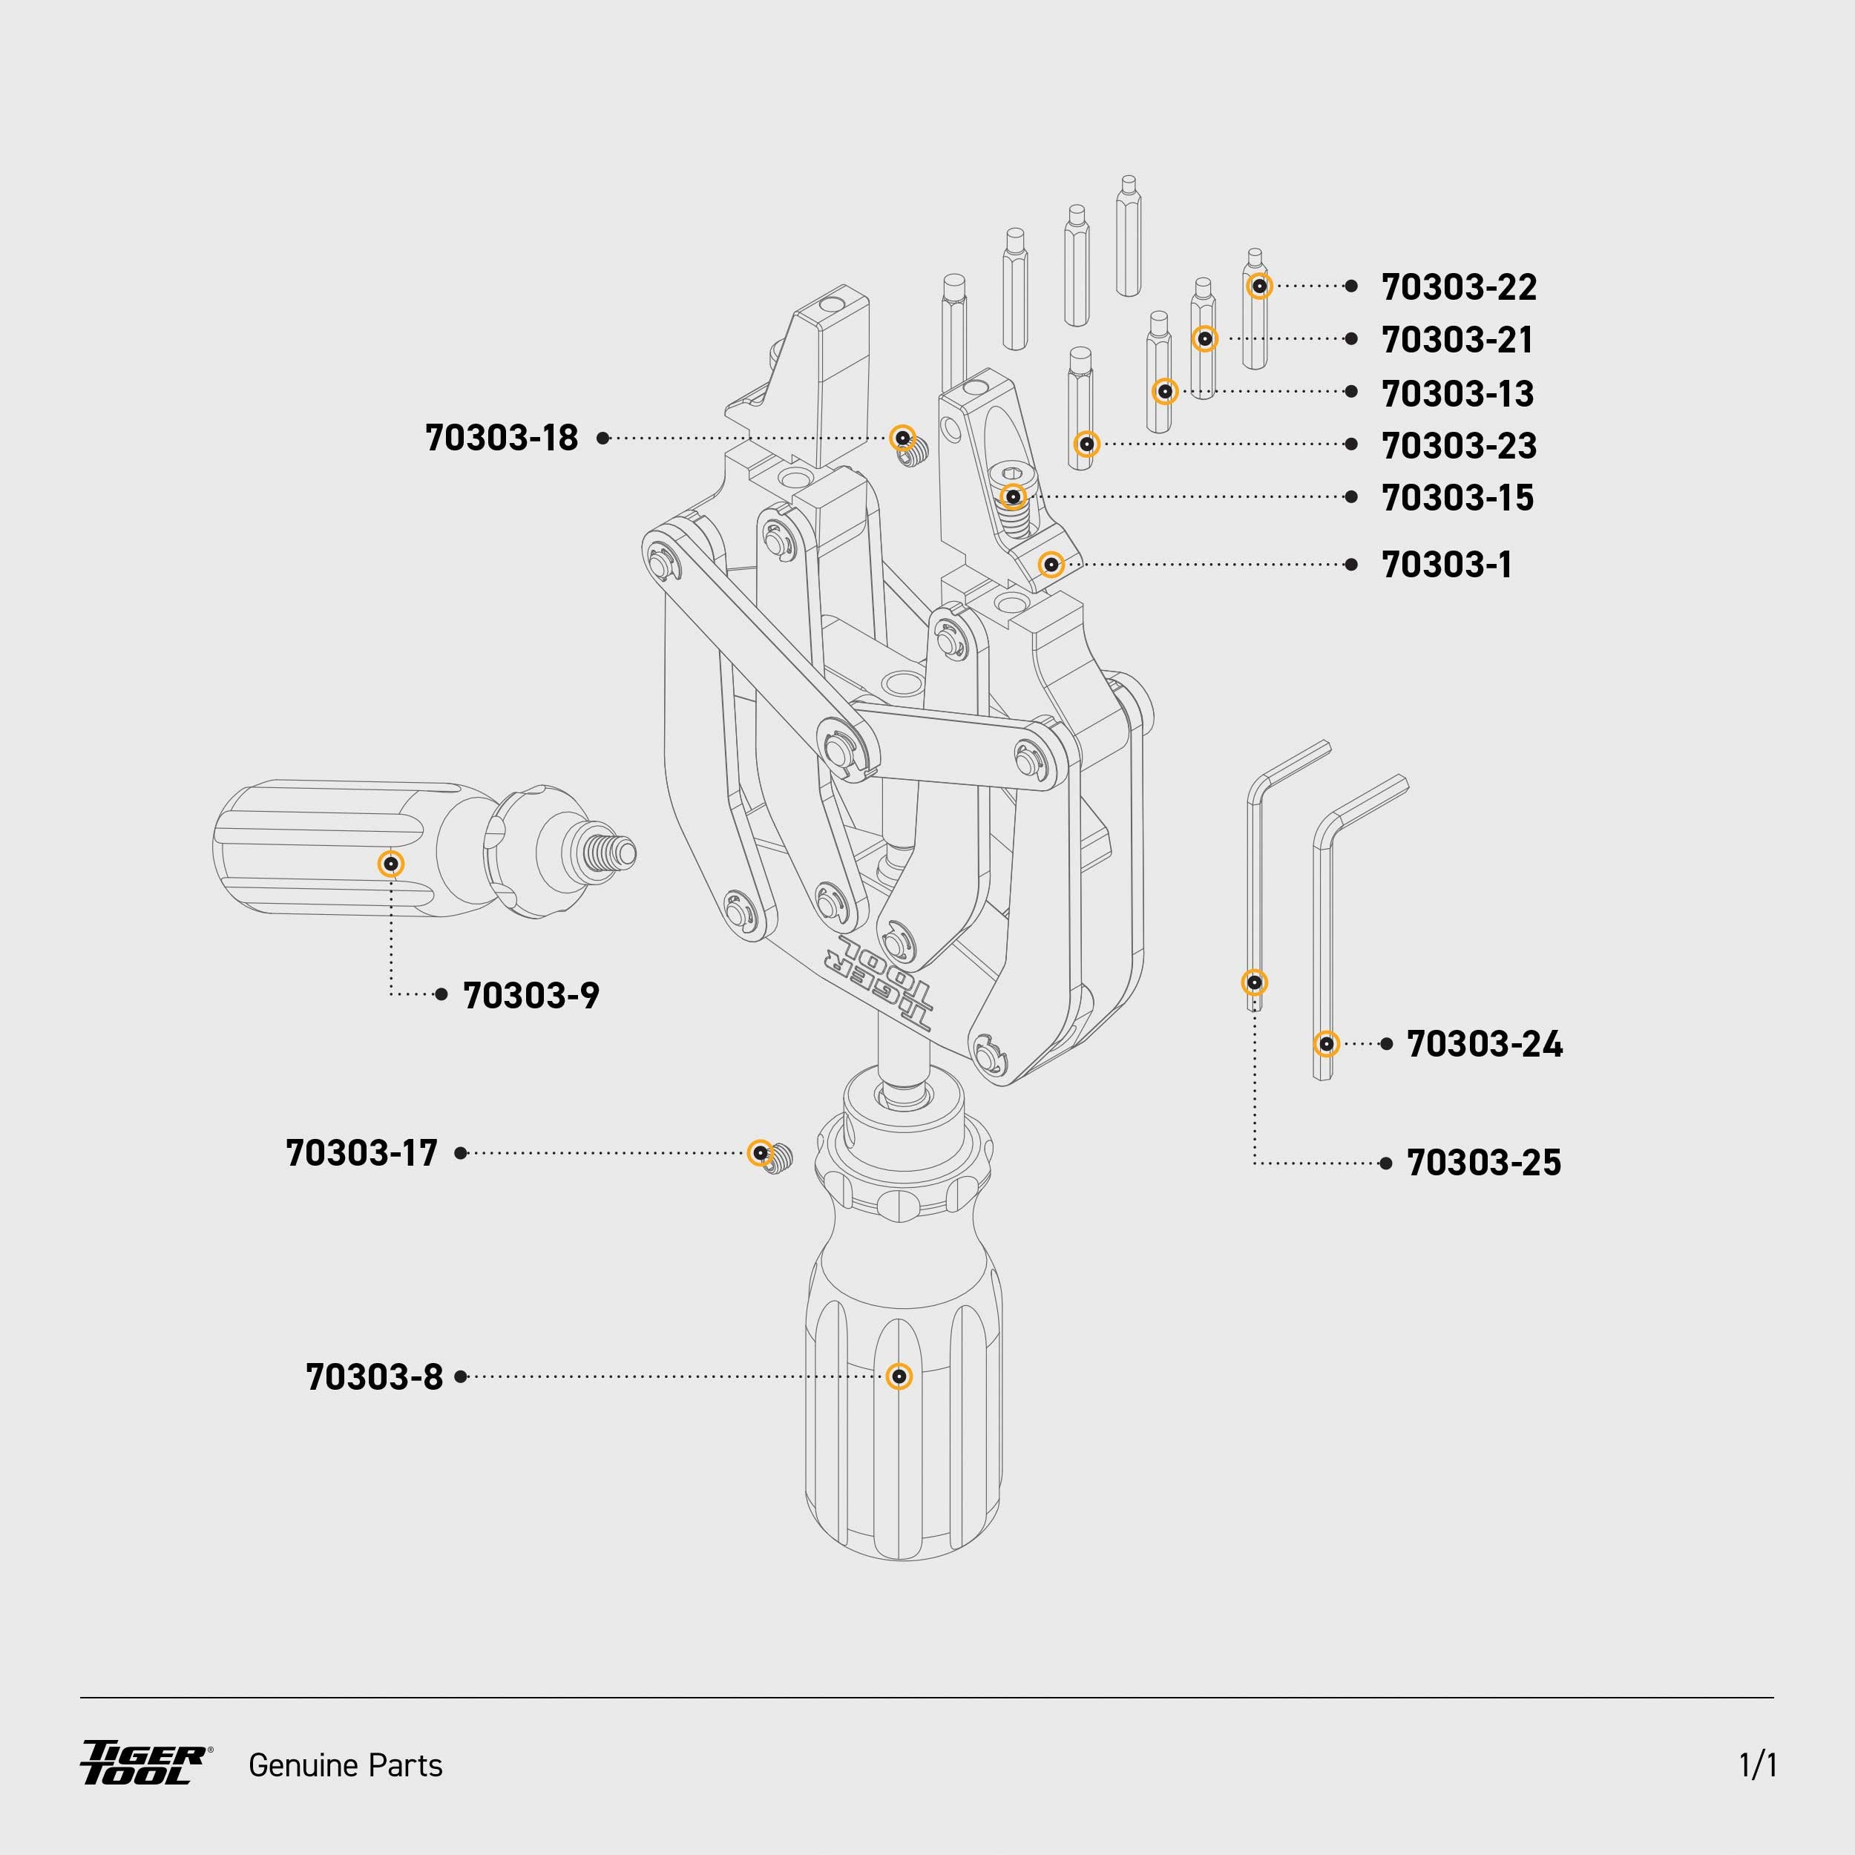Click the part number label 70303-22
click(1459, 287)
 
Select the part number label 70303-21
click(1457, 340)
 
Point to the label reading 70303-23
click(1459, 445)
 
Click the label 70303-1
click(1446, 565)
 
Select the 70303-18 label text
click(501, 438)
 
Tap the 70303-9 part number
click(531, 996)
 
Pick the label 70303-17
click(362, 1153)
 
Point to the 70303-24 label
click(1483, 1045)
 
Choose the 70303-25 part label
click(1483, 1163)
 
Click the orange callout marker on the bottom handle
click(899, 1376)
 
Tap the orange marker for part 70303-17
click(761, 1152)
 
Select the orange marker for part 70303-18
click(902, 438)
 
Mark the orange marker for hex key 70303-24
click(1326, 1044)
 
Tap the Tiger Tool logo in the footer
click(144, 1763)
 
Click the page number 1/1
click(1757, 1764)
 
